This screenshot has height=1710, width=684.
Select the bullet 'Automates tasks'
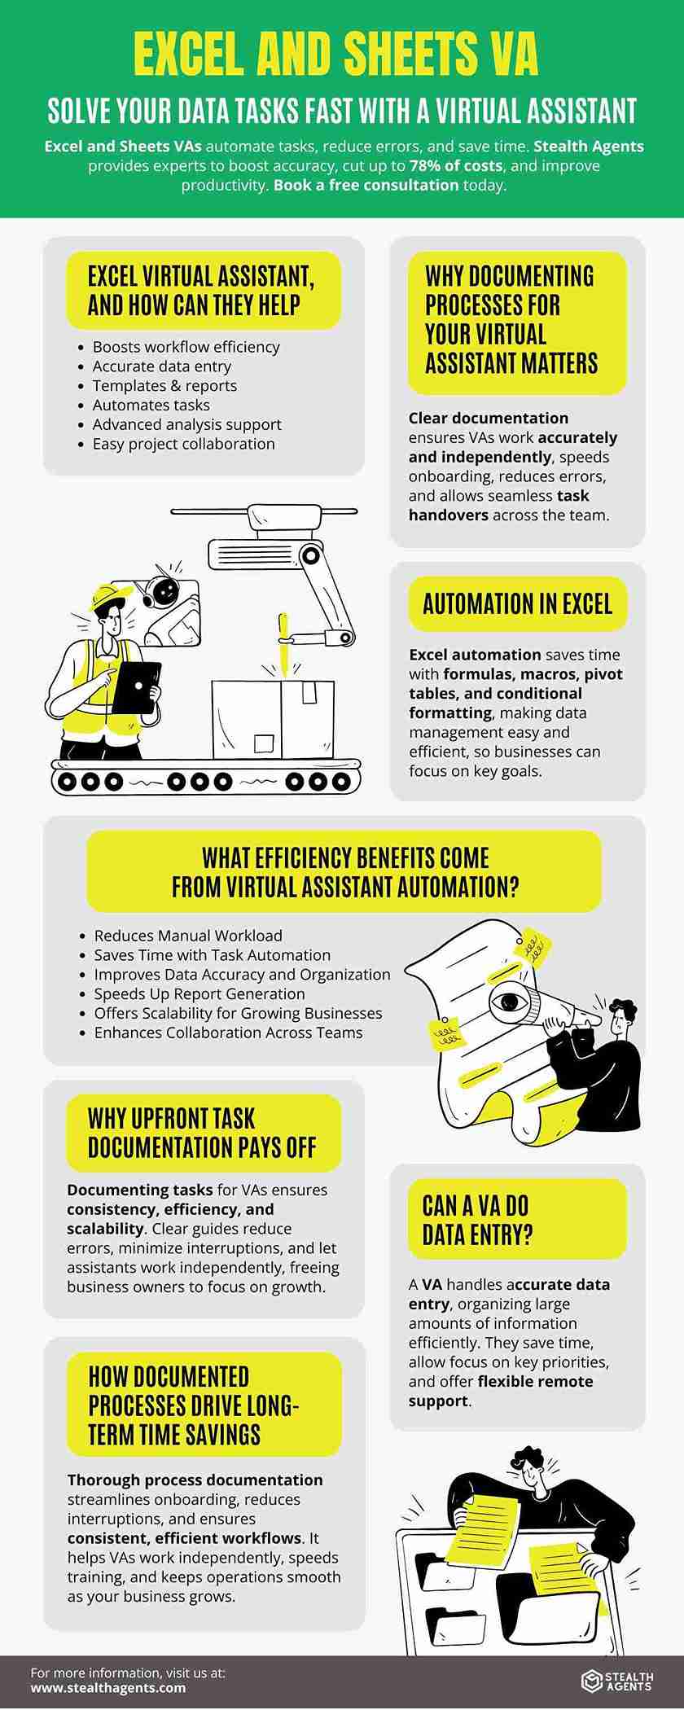click(151, 405)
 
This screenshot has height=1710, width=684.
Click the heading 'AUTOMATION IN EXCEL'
click(517, 603)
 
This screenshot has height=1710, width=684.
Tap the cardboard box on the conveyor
click(273, 719)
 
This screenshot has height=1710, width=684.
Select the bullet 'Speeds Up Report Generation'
click(199, 993)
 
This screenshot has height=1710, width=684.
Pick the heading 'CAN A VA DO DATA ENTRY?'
click(476, 1220)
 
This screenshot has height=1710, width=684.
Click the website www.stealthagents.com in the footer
click(108, 1687)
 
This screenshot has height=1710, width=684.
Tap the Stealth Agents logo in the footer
click(616, 1680)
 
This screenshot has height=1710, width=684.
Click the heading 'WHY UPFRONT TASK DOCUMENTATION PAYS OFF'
click(202, 1133)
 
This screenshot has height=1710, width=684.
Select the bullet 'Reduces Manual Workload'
click(188, 936)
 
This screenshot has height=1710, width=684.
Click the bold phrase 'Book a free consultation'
click(366, 185)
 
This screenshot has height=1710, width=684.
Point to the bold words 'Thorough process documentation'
click(195, 1480)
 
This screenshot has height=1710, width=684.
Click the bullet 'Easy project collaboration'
click(183, 444)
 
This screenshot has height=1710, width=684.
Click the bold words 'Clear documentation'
click(489, 418)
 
